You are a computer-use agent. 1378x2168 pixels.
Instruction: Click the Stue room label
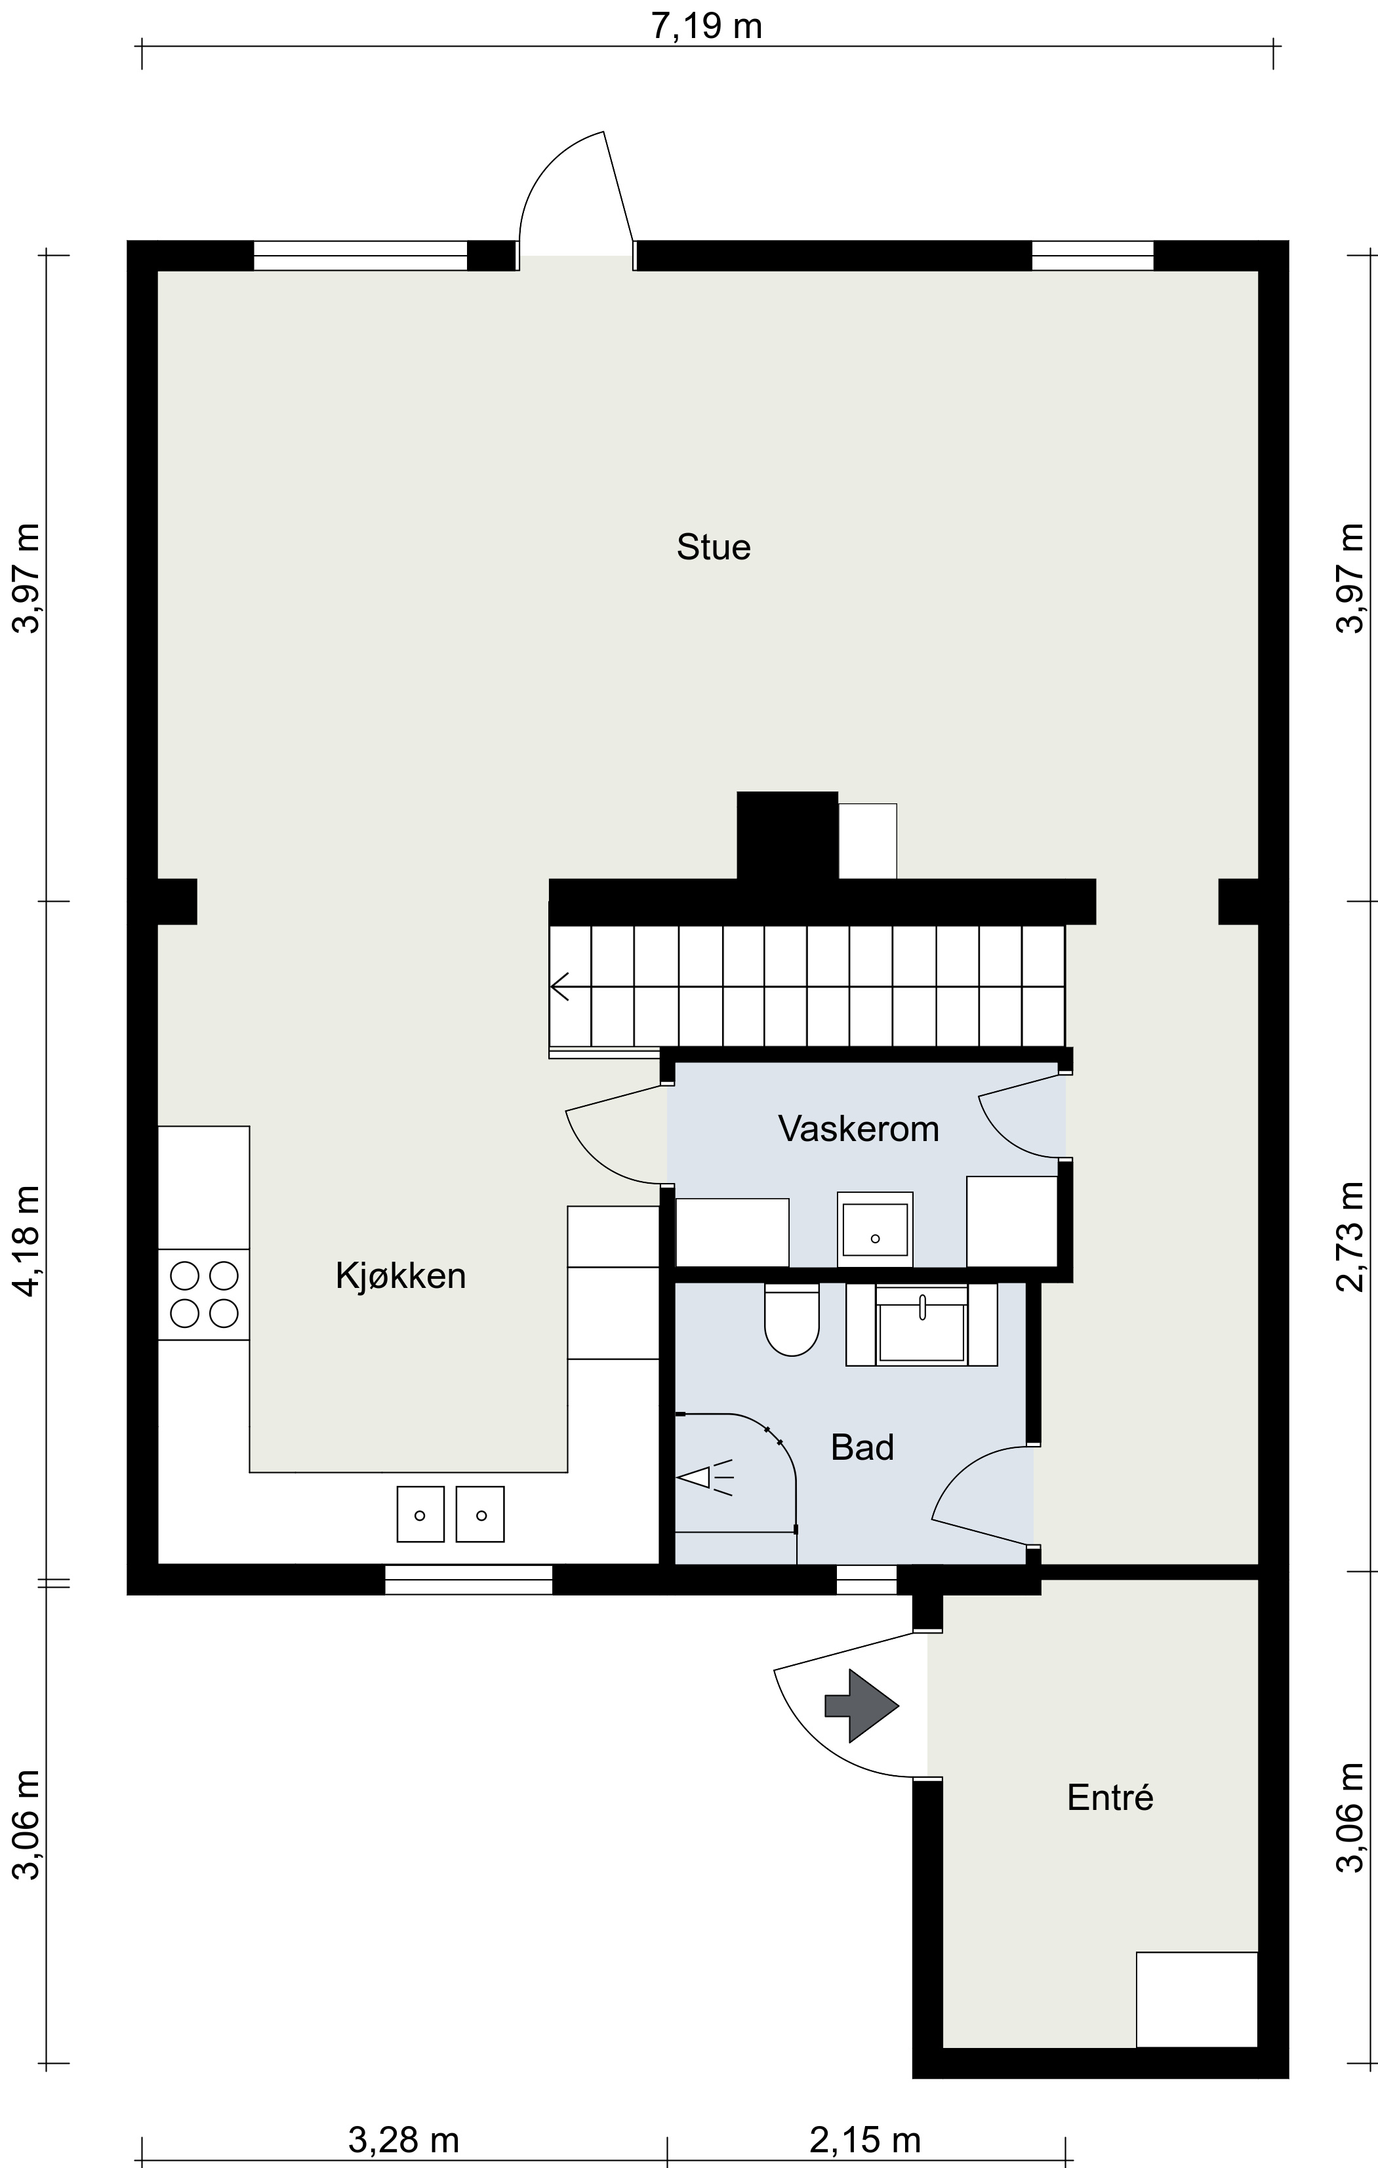(714, 548)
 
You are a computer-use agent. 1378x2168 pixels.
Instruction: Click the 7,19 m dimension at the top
(707, 26)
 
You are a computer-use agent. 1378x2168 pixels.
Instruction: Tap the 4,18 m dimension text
(26, 1241)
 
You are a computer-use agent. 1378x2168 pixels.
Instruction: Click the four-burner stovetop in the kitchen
(203, 1294)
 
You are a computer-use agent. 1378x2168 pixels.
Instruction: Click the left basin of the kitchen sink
(420, 1514)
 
